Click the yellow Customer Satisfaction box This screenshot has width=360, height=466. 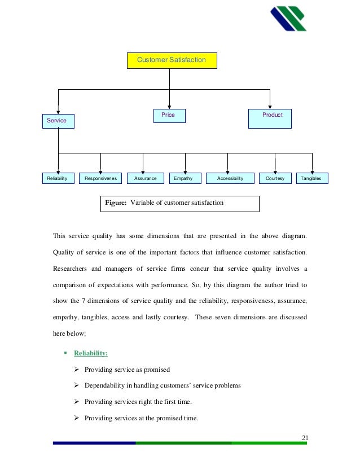(x=172, y=59)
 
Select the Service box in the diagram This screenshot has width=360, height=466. (x=58, y=121)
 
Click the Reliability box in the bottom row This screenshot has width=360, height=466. (x=58, y=178)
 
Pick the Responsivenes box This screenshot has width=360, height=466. (x=100, y=178)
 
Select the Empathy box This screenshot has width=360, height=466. (x=183, y=178)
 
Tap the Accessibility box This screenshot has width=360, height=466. (x=228, y=178)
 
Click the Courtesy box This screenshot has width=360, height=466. (x=275, y=178)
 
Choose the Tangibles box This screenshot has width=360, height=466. (x=311, y=178)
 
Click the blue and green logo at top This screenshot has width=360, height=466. (x=288, y=18)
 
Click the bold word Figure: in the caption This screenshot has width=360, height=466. (x=116, y=203)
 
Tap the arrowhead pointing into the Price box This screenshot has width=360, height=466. (x=170, y=107)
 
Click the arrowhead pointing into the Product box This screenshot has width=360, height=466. (x=270, y=107)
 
